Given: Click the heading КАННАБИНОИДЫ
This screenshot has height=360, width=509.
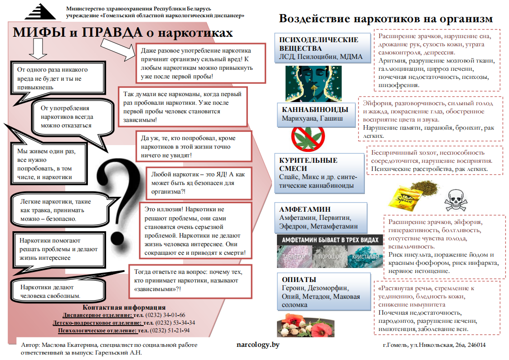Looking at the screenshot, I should (x=315, y=110).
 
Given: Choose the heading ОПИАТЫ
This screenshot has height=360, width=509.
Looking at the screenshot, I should (x=299, y=280).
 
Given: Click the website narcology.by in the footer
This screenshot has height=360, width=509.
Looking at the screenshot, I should (x=258, y=345).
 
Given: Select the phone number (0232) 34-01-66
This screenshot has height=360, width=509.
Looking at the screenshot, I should (x=165, y=315).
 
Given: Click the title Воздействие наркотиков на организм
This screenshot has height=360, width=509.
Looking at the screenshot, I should (x=386, y=19).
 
